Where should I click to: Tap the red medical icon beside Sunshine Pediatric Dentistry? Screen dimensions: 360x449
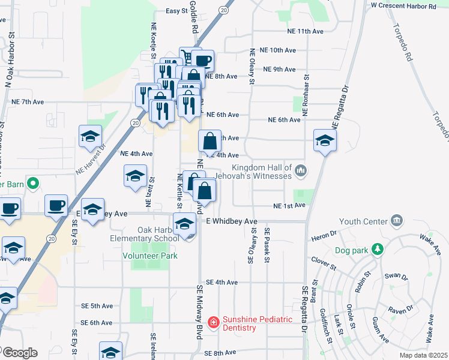(x=213, y=323)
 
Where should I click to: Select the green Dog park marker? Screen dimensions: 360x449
(x=377, y=248)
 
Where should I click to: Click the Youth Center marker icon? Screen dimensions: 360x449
(x=396, y=221)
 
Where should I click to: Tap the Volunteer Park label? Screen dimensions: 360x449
(x=150, y=256)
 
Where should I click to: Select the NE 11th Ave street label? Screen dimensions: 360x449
(x=306, y=31)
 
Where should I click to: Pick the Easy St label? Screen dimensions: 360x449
(x=176, y=11)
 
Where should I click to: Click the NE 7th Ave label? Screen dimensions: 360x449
(x=28, y=102)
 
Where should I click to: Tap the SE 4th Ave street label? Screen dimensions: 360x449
(x=222, y=282)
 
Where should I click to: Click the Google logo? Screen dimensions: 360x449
(x=19, y=353)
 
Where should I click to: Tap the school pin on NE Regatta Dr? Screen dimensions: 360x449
(x=325, y=141)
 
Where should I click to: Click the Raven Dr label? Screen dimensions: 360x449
(x=401, y=310)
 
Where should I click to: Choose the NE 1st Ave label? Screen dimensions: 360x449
(x=289, y=206)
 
